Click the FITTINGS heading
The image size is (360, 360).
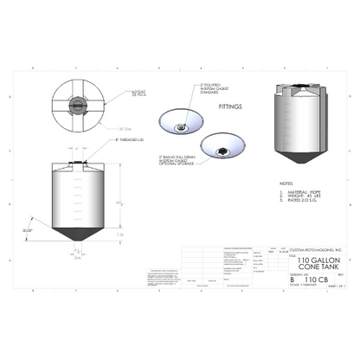[x=229, y=110]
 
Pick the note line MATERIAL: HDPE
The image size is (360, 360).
[x=299, y=193]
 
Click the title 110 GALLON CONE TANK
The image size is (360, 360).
[x=311, y=265]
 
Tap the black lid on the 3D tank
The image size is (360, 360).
[x=299, y=86]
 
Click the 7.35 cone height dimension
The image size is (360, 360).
[x=119, y=234]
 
